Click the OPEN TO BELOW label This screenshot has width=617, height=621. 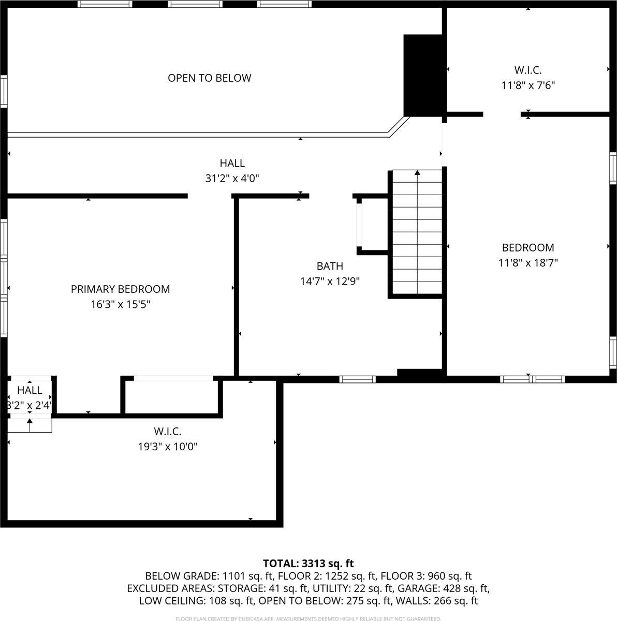tap(209, 78)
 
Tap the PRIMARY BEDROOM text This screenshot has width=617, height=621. tap(120, 289)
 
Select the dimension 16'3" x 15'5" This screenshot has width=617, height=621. tap(120, 304)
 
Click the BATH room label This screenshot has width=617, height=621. tap(330, 267)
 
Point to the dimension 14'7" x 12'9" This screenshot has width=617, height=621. tap(330, 282)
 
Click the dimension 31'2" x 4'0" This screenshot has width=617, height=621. tap(232, 179)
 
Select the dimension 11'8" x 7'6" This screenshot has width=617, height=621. tap(528, 85)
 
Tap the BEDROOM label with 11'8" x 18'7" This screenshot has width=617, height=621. tap(528, 248)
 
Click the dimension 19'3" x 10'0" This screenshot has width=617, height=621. tap(167, 446)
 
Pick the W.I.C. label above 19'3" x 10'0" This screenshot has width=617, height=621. tap(167, 431)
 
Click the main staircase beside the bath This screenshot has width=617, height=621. tap(417, 233)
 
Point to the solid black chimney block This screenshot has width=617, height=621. tap(423, 75)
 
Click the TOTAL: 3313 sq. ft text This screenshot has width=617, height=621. tap(308, 563)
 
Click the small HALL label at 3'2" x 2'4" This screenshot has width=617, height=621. tap(30, 390)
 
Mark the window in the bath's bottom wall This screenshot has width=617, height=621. tap(357, 379)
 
